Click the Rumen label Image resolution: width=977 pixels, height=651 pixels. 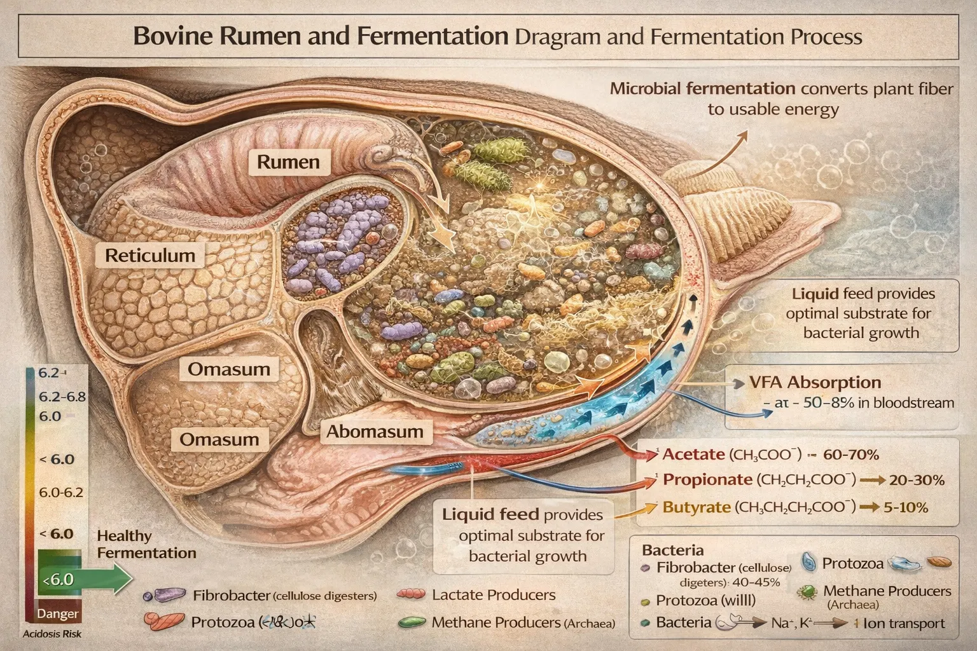(288, 161)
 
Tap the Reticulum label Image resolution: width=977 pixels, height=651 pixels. (150, 256)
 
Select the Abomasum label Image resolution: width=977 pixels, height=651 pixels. (375, 432)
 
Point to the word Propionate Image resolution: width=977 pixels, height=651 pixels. (707, 480)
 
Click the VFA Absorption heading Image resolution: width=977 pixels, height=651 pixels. (815, 383)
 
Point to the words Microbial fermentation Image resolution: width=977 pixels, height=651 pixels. (702, 88)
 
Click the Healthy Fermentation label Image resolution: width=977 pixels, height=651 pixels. (146, 545)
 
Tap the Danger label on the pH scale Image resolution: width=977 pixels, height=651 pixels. (58, 614)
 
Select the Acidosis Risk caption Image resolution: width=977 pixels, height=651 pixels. (52, 634)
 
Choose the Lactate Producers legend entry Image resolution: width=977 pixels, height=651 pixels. (493, 595)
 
